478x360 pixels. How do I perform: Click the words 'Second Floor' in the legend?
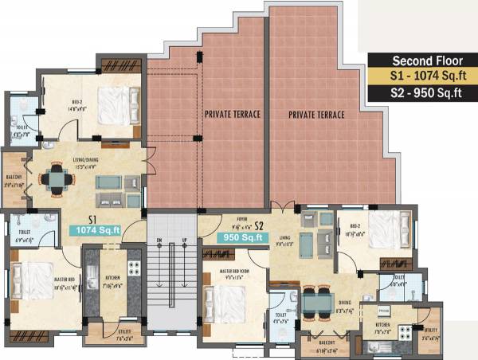[x=421, y=61]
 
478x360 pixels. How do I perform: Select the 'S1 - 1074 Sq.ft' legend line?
[x=421, y=77]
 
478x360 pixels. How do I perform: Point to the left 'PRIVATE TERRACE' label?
[x=233, y=115]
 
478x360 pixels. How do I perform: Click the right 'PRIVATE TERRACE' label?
[x=318, y=115]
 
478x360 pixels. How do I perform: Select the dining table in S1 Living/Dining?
[x=56, y=180]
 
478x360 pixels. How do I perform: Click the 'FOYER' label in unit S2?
[x=239, y=217]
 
